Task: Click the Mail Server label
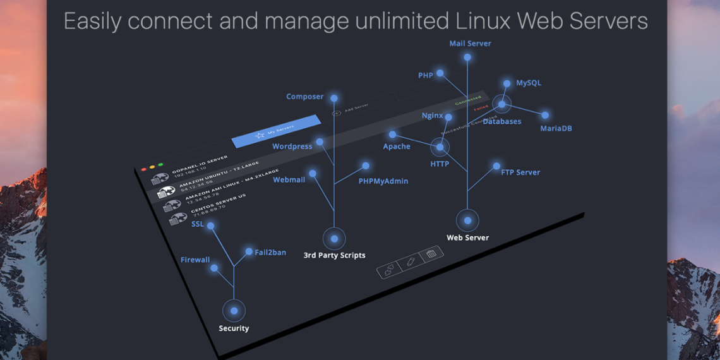point(470,44)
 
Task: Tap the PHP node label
point(425,75)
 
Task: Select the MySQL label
point(528,83)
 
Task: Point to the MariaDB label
point(556,128)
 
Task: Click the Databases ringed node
point(501,105)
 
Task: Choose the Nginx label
point(432,116)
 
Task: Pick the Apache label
point(397,147)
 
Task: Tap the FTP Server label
point(520,172)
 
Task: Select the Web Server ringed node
point(467,220)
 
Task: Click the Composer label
point(304,97)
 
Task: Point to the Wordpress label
point(292,147)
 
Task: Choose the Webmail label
point(289,180)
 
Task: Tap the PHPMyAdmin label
point(383,181)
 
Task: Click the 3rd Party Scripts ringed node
point(334,239)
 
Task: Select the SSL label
point(198,224)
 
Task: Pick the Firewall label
point(195,260)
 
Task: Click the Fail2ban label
point(270,252)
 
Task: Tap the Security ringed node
point(234,311)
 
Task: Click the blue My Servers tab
point(277,131)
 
